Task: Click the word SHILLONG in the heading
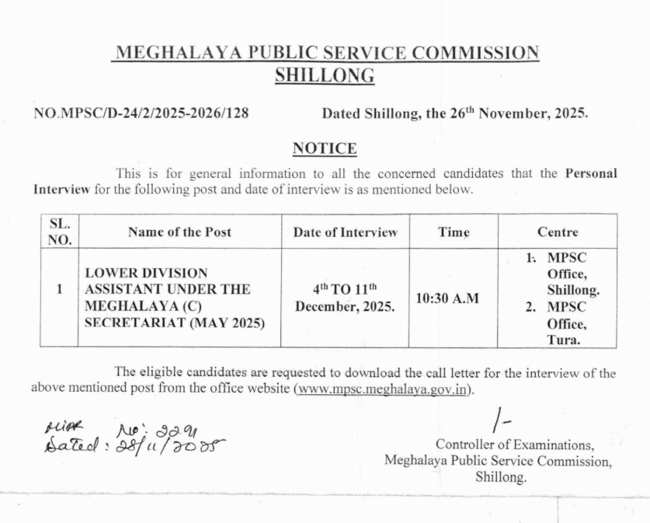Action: point(325,75)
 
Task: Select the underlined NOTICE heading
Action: point(325,148)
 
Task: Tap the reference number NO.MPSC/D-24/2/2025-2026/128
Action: point(141,113)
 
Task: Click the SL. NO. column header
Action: point(59,232)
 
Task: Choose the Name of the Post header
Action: point(179,232)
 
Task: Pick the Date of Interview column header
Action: point(345,232)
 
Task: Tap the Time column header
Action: point(454,232)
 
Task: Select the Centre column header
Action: point(558,232)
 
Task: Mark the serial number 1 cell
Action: point(59,289)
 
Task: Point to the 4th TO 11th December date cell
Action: point(345,297)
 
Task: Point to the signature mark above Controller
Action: point(501,420)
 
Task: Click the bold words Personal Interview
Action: point(590,173)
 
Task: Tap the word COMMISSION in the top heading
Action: point(474,53)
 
